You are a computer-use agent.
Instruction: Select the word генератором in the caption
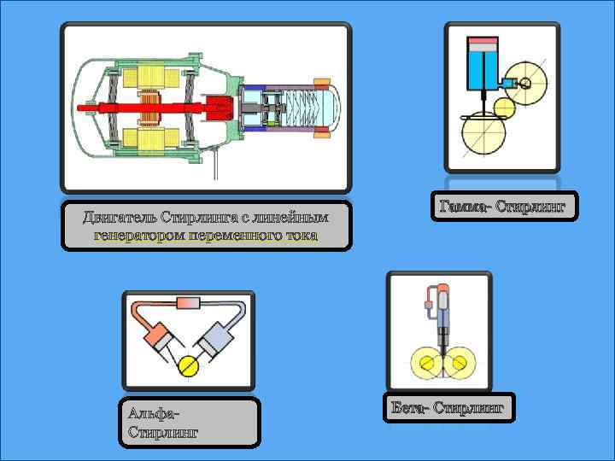[138, 235]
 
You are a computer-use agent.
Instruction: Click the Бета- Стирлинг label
[449, 408]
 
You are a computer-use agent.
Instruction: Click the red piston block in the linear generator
[220, 108]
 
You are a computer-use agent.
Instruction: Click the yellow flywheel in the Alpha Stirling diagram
[188, 367]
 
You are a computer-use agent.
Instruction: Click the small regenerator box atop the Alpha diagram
[187, 303]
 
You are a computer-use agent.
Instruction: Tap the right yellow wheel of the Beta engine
[460, 365]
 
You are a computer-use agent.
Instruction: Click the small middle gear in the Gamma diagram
[505, 108]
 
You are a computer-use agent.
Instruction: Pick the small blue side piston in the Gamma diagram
[509, 83]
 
